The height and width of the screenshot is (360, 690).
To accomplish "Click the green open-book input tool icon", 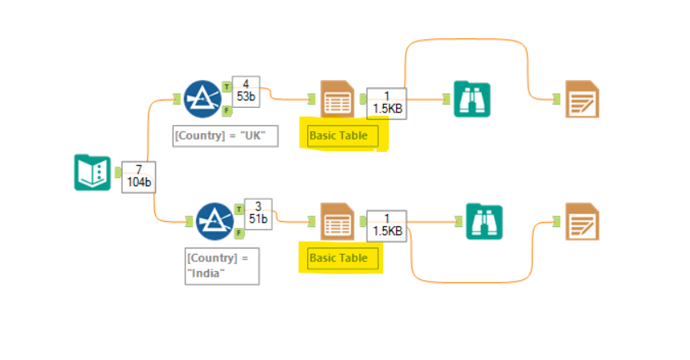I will pos(92,172).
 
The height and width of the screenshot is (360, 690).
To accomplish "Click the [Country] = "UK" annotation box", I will pos(226,135).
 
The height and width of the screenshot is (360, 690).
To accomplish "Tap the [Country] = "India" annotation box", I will pos(222,265).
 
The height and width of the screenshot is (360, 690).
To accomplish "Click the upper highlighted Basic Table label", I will pos(342,136).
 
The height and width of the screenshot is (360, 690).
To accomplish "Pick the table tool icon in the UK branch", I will pos(337,100).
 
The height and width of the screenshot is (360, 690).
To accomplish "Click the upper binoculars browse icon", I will pos(471,100).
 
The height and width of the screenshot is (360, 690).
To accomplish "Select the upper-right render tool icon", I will pos(582,99).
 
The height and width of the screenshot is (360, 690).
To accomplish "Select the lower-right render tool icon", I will pos(581,222).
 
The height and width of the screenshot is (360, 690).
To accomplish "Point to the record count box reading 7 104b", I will pos(137,176).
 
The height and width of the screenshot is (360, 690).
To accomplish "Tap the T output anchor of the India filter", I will pos(238,208).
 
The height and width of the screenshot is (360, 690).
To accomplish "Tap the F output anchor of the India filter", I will pos(238,233).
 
